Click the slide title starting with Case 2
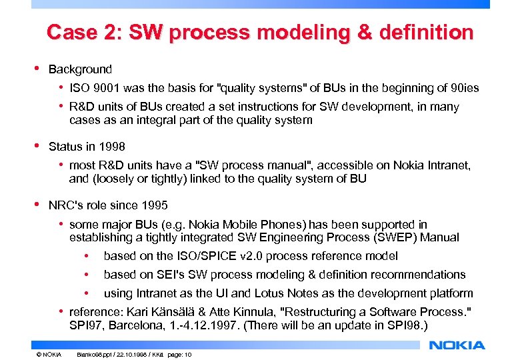[260, 32]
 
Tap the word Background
[80, 69]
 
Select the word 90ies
[464, 89]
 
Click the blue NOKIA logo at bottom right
[457, 345]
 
